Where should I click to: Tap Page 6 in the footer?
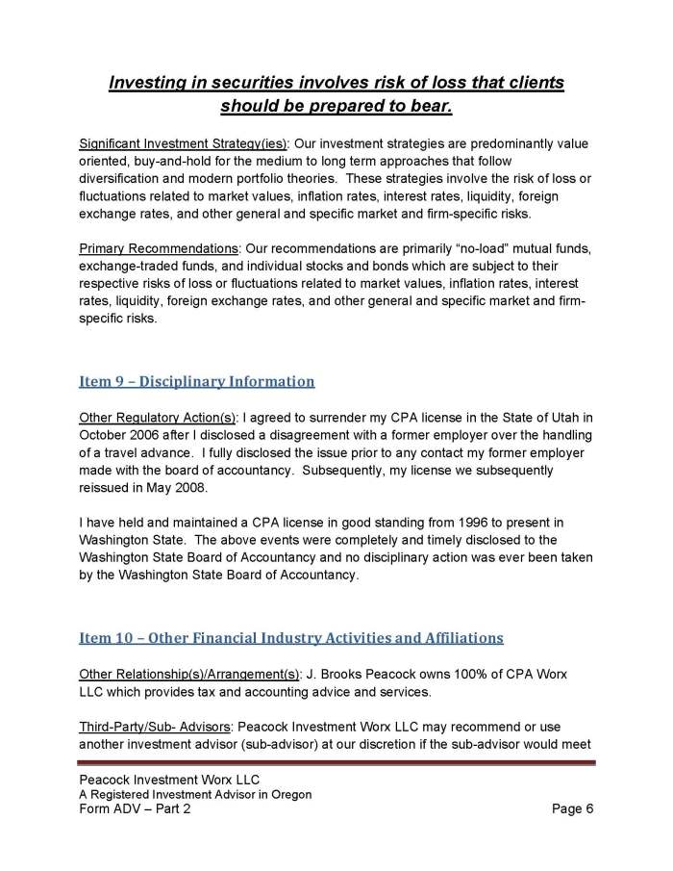pyautogui.click(x=573, y=809)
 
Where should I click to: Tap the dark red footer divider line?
pyautogui.click(x=336, y=763)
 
